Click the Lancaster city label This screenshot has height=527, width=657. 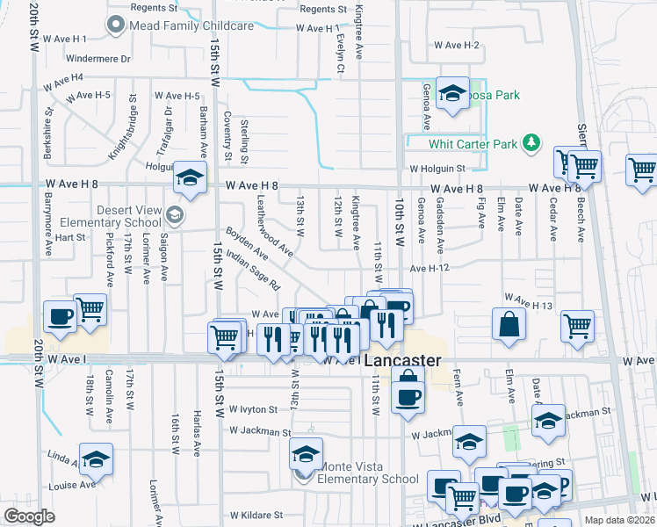point(402,361)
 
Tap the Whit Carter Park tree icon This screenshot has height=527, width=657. point(531,142)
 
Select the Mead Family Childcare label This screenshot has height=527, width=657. point(191,26)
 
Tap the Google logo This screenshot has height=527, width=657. point(30,516)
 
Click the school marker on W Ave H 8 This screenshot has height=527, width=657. point(190,178)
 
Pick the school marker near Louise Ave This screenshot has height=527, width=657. point(96,458)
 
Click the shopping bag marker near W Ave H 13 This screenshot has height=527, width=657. point(509,323)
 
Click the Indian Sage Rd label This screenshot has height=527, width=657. point(252,271)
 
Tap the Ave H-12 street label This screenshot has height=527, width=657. point(429,267)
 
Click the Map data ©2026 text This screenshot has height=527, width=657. point(619,520)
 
